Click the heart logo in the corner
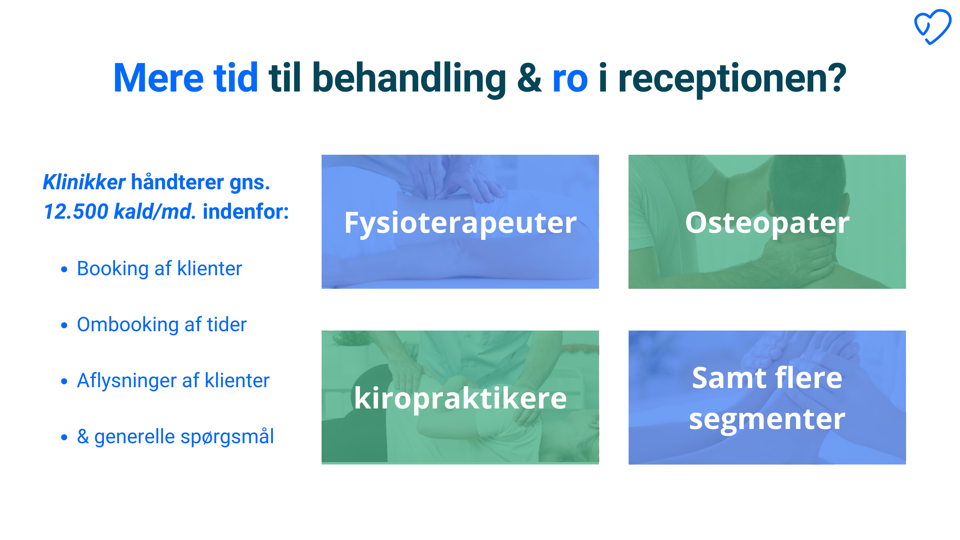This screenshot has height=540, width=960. (x=932, y=27)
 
